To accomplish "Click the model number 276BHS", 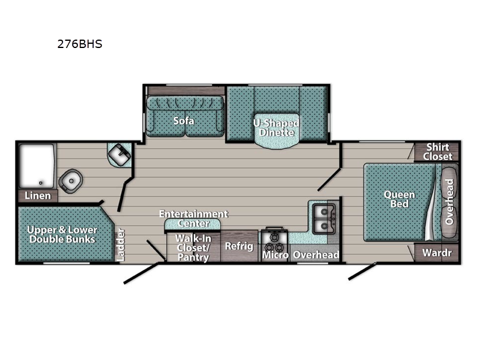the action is pyautogui.click(x=80, y=44).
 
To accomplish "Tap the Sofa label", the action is pyautogui.click(x=184, y=121).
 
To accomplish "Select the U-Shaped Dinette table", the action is pyautogui.click(x=277, y=131).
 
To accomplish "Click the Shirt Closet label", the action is pyautogui.click(x=438, y=152).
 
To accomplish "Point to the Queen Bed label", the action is pyautogui.click(x=399, y=199).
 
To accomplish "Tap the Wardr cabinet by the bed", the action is pyautogui.click(x=437, y=253).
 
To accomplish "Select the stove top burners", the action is pyautogui.click(x=274, y=242).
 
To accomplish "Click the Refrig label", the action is pyautogui.click(x=239, y=246).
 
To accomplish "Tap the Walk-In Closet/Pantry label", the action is pyautogui.click(x=193, y=248).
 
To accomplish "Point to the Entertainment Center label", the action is pyautogui.click(x=193, y=218).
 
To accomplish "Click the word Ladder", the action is pyautogui.click(x=121, y=245).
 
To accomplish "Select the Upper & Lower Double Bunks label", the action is pyautogui.click(x=62, y=235).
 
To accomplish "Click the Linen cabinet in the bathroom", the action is pyautogui.click(x=38, y=196).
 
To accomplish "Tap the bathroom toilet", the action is pyautogui.click(x=71, y=181).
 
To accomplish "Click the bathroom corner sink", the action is pyautogui.click(x=119, y=154).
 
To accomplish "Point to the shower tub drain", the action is pyautogui.click(x=40, y=183).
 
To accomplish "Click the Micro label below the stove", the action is pyautogui.click(x=275, y=255).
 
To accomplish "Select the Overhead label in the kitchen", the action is pyautogui.click(x=316, y=254).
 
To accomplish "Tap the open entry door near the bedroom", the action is pyautogui.click(x=362, y=272).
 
